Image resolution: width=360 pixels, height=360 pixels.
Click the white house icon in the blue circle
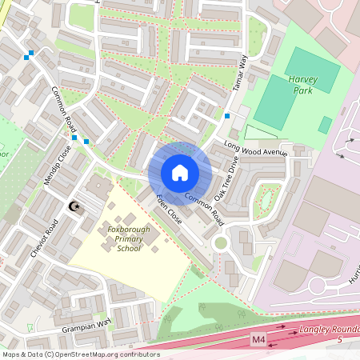click(x=180, y=173)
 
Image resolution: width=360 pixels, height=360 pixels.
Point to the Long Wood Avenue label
click(x=254, y=149)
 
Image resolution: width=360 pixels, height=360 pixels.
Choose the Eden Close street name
click(x=170, y=209)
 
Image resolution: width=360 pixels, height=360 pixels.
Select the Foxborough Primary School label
click(x=118, y=239)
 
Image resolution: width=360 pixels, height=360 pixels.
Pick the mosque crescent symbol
click(x=75, y=207)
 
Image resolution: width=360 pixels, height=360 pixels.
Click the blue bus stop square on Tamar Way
click(x=228, y=116)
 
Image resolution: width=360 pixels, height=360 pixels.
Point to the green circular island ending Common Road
click(x=221, y=242)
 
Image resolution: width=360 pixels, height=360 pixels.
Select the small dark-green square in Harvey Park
click(x=325, y=125)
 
